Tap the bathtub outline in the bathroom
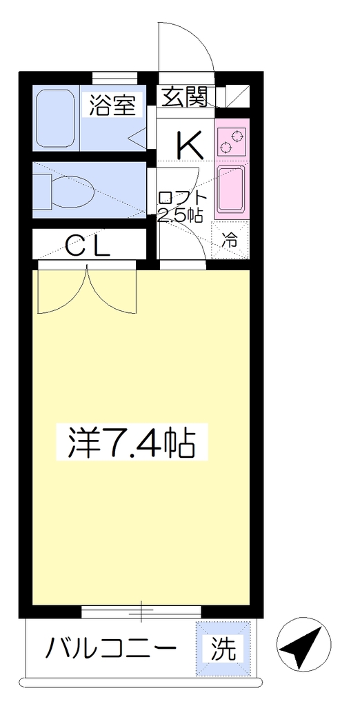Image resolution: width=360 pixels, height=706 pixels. [55, 118]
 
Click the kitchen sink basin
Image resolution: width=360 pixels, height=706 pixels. [231, 189]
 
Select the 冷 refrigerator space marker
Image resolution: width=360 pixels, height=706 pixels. [230, 240]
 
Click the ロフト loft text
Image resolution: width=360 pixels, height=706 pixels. [183, 198]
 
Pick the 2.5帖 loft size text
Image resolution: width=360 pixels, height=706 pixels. [179, 215]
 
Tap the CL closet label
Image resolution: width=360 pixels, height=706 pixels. [88, 246]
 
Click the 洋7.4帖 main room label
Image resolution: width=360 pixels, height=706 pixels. [131, 442]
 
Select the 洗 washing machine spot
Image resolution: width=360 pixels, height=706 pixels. [223, 648]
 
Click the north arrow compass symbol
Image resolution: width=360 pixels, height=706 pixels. [303, 645]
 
